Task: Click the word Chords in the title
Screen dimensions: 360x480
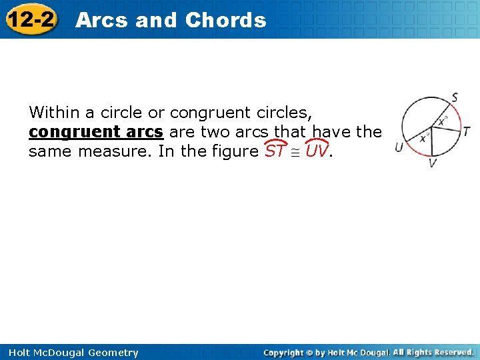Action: coord(225,20)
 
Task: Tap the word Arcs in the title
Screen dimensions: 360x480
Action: coord(102,20)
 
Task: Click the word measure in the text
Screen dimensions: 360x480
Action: coord(118,151)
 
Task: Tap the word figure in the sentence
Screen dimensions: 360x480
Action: coord(232,151)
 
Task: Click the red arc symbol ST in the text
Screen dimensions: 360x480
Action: coord(276,151)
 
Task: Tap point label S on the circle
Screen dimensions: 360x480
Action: coord(455,98)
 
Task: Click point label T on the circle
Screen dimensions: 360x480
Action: coord(467,131)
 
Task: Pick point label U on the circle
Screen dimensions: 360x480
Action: coord(399,147)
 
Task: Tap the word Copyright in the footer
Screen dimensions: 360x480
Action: coord(287,352)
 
